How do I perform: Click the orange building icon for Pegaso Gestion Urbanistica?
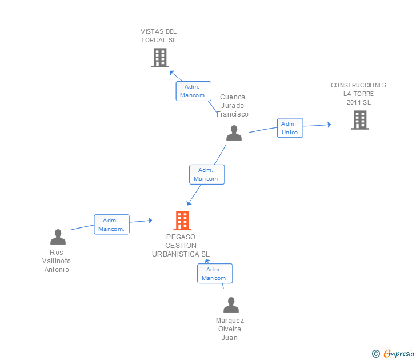(182, 221)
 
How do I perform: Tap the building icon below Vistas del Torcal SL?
(160, 58)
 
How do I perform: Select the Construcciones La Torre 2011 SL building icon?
(360, 120)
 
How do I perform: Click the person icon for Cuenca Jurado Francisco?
(234, 133)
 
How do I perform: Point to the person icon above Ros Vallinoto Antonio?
(58, 237)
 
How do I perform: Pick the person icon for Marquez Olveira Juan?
(231, 305)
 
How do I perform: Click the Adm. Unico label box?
(290, 128)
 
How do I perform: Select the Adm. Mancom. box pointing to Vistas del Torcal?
(193, 91)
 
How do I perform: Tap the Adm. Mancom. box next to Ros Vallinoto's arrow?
(111, 225)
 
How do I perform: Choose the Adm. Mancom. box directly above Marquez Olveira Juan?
(215, 274)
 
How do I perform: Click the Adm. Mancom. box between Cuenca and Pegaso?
(207, 174)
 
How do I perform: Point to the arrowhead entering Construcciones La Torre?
(329, 125)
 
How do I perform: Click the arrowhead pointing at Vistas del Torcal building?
(172, 73)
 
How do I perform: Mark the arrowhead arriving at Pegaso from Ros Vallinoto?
(150, 220)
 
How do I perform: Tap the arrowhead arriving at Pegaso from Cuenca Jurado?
(189, 203)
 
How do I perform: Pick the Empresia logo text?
(399, 354)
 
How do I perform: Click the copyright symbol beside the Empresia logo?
(375, 354)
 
